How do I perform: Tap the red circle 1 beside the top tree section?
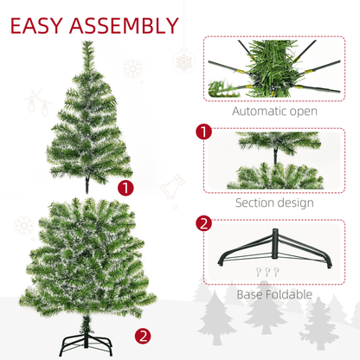(x=127, y=187)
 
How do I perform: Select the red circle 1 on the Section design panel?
(x=203, y=132)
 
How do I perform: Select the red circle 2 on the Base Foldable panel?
(x=203, y=223)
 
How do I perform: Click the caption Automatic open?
(x=274, y=111)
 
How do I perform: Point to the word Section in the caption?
(x=260, y=203)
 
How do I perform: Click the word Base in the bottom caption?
(x=252, y=295)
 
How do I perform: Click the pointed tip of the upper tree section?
(x=87, y=43)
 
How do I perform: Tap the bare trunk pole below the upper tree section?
(x=87, y=184)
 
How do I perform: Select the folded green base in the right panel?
(x=273, y=251)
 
